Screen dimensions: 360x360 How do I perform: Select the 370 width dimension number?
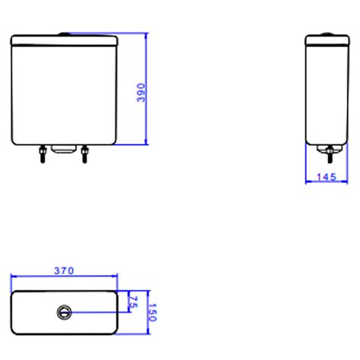[x=64, y=270]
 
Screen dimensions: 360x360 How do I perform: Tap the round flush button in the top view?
[x=64, y=311]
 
